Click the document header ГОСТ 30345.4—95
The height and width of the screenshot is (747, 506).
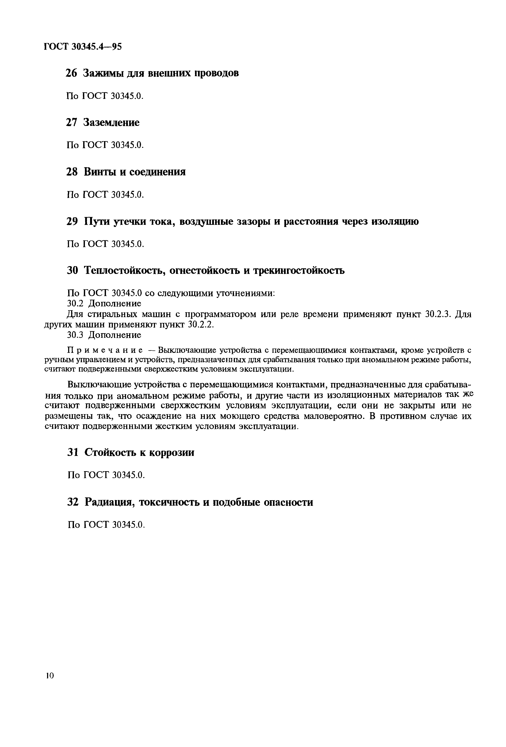pyautogui.click(x=83, y=47)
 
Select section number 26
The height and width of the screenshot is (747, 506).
pyautogui.click(x=72, y=74)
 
